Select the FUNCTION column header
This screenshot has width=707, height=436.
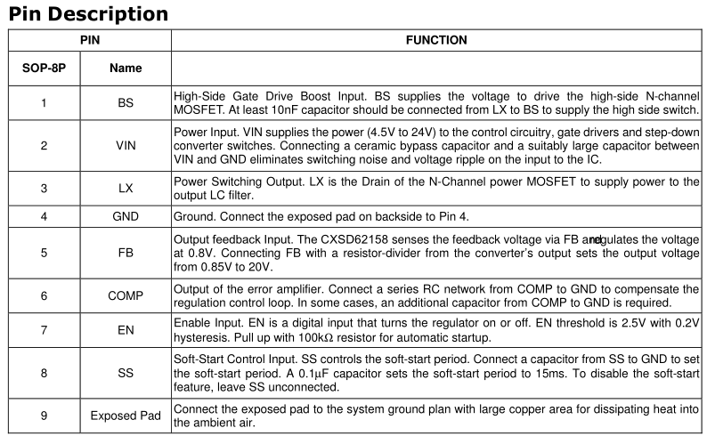click(x=436, y=40)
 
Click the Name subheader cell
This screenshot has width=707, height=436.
click(x=126, y=68)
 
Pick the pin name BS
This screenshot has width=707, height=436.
click(x=126, y=103)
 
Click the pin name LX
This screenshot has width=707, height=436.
click(x=126, y=190)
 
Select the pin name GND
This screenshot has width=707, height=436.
click(x=126, y=216)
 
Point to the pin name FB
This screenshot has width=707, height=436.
click(x=126, y=253)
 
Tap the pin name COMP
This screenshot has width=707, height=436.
click(x=126, y=295)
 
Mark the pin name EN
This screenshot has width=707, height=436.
click(x=126, y=331)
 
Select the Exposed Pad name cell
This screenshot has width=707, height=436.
click(x=126, y=416)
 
